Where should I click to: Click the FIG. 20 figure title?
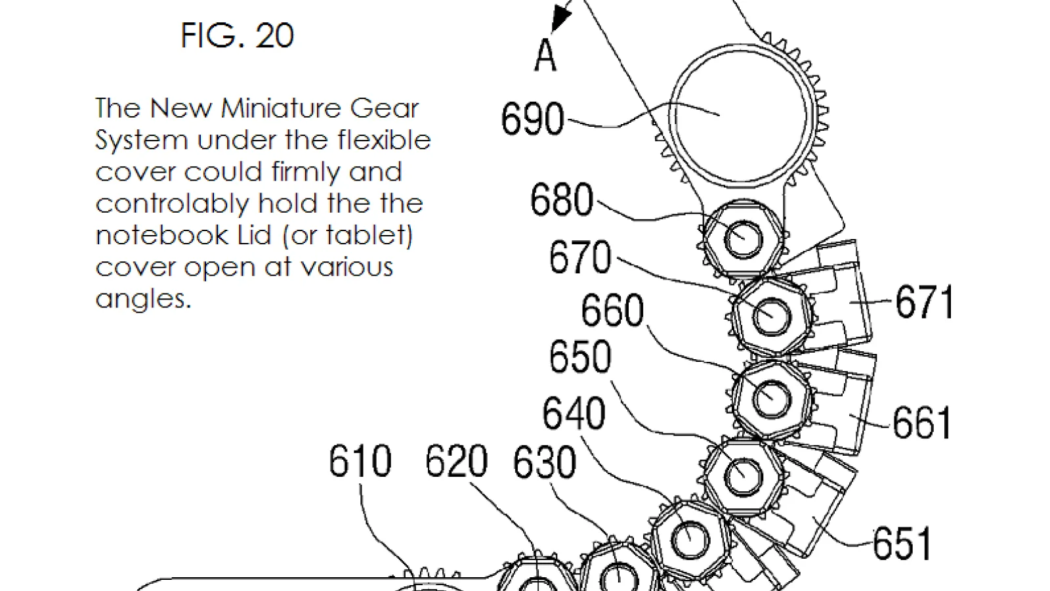(237, 35)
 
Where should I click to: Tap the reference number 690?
(532, 119)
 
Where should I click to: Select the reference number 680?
(562, 199)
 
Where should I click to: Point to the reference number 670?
(580, 256)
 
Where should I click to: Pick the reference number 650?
(580, 357)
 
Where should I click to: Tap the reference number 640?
(574, 413)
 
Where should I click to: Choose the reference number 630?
(544, 462)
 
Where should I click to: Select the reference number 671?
(924, 302)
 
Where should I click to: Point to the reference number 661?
(921, 423)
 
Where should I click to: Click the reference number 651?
(902, 544)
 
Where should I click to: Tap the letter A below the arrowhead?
(545, 55)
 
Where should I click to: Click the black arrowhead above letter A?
(560, 16)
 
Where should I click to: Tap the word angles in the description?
(144, 299)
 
